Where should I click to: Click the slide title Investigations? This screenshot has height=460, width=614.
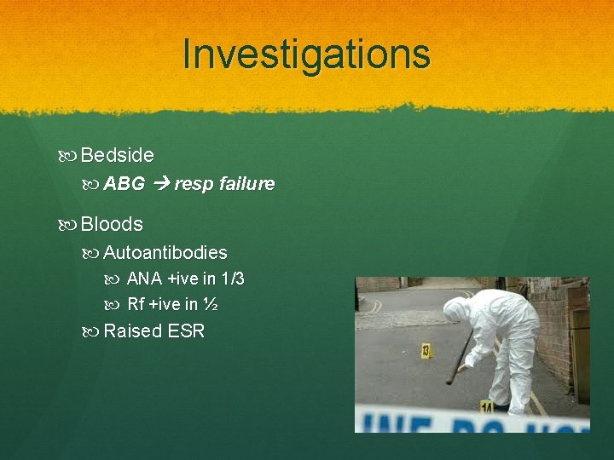(306, 55)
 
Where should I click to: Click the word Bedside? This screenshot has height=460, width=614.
(118, 155)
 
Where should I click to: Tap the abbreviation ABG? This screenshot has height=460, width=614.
(125, 183)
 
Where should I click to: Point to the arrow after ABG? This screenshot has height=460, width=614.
(161, 183)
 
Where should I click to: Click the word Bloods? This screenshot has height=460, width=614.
(112, 224)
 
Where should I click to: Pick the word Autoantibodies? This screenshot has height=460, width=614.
(165, 253)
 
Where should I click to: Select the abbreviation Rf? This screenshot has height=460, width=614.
(136, 304)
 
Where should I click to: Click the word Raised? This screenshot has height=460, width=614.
(132, 331)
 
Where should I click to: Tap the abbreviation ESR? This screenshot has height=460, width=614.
(186, 331)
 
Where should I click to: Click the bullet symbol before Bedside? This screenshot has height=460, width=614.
(68, 156)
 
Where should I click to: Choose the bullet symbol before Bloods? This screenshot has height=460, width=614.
(68, 225)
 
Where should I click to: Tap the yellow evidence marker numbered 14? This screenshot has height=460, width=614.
(488, 406)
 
